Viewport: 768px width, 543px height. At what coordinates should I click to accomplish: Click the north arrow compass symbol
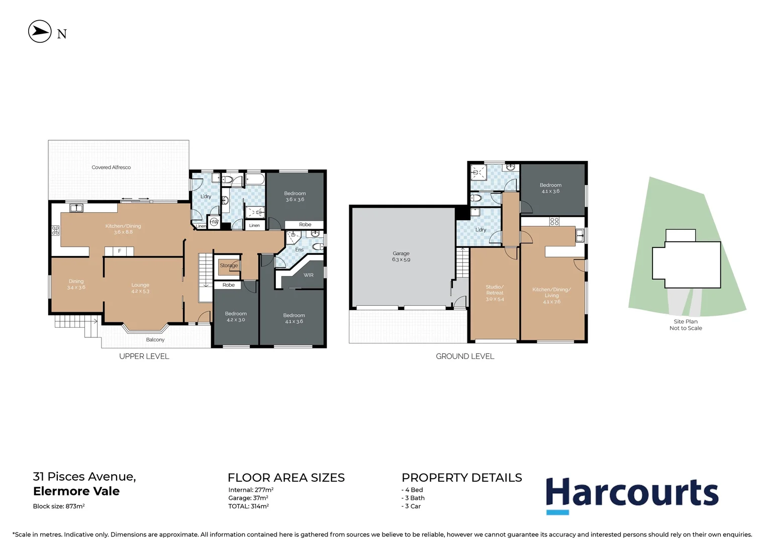click(x=40, y=32)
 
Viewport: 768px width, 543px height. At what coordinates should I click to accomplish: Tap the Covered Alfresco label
click(x=111, y=167)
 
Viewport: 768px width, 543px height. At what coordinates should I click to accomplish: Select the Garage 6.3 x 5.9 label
click(x=401, y=256)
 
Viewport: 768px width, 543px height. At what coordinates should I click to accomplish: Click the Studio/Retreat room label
click(x=495, y=293)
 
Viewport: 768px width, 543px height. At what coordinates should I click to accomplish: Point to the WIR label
click(x=309, y=275)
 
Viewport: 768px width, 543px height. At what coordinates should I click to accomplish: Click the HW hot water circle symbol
click(x=214, y=222)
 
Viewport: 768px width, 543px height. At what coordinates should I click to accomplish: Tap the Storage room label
click(x=229, y=265)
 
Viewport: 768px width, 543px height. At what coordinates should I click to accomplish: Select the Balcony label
click(x=155, y=340)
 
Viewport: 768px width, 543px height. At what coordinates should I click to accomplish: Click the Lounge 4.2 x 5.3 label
click(x=140, y=288)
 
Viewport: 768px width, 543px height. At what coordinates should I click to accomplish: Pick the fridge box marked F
click(x=119, y=251)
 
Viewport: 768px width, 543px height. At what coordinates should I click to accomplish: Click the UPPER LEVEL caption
click(x=144, y=356)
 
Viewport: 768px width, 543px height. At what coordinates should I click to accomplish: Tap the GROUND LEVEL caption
click(x=465, y=356)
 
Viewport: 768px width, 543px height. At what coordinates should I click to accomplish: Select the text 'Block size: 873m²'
click(x=59, y=506)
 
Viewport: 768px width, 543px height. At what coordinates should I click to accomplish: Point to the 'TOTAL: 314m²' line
click(x=248, y=506)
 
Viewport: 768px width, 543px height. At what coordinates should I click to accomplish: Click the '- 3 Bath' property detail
click(x=413, y=498)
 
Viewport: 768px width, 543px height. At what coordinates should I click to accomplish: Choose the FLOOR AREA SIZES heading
click(x=286, y=478)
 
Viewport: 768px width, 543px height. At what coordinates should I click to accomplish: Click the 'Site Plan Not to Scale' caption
click(x=686, y=325)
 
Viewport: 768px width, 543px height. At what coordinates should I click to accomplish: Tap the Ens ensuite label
click(x=299, y=250)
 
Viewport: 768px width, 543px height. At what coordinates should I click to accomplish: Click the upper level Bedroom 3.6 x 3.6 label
click(x=295, y=197)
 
